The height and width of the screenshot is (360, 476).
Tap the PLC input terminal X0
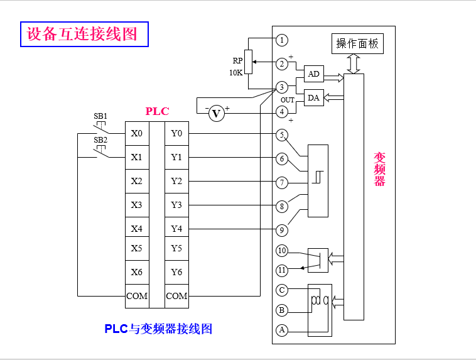(x=136, y=133)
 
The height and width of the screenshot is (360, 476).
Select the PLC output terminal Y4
(x=176, y=229)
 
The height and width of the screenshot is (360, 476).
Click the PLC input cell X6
(x=136, y=272)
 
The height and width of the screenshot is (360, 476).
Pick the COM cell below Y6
(x=176, y=295)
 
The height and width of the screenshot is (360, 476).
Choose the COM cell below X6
(x=136, y=295)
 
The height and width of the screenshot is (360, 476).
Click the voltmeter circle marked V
(x=217, y=114)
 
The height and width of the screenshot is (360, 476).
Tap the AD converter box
(x=314, y=74)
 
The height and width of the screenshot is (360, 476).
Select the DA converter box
(x=314, y=98)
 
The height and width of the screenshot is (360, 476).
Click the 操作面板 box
(x=357, y=43)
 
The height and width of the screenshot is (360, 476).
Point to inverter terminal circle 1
(x=283, y=40)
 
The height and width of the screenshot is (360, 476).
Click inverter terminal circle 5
(x=283, y=134)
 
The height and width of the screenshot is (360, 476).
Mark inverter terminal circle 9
(x=283, y=230)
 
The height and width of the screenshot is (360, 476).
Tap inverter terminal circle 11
(x=283, y=271)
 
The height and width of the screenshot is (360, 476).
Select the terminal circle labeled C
(x=283, y=290)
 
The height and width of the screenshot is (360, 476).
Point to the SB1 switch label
(x=100, y=116)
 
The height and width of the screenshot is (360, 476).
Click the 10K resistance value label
(x=235, y=72)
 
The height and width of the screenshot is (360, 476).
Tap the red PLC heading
(x=157, y=112)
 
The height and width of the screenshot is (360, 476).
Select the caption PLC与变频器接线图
(x=158, y=329)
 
